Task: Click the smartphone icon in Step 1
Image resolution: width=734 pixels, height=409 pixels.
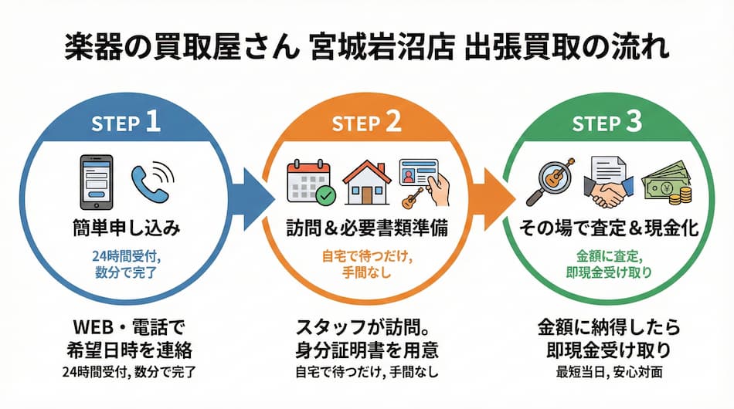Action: (x=97, y=182)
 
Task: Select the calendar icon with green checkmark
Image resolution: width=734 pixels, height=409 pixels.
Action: (x=310, y=182)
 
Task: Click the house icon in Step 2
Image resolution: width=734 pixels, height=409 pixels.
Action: (x=366, y=182)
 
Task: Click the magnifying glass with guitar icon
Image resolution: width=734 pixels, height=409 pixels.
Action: (x=552, y=182)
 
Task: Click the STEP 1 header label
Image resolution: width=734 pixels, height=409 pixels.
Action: (x=125, y=123)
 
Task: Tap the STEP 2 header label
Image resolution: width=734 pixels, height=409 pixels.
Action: (x=366, y=123)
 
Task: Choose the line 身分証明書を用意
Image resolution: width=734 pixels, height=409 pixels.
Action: (x=366, y=350)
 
